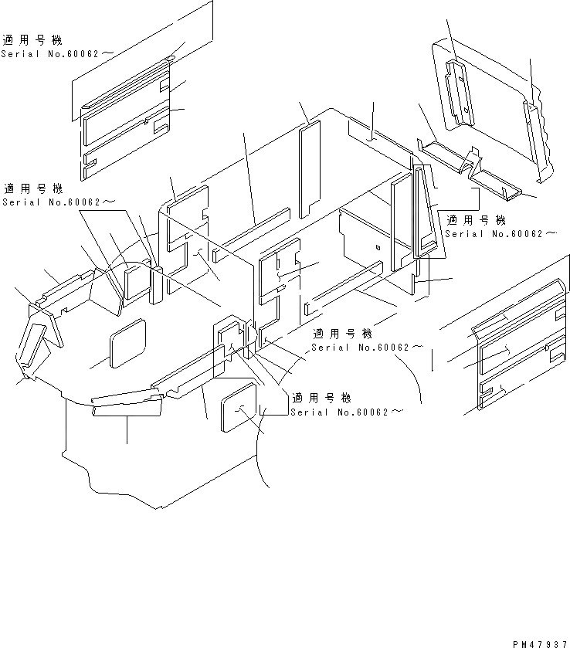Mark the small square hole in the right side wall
376,248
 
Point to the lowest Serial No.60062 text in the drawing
347,412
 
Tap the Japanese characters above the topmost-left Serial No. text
32,40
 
